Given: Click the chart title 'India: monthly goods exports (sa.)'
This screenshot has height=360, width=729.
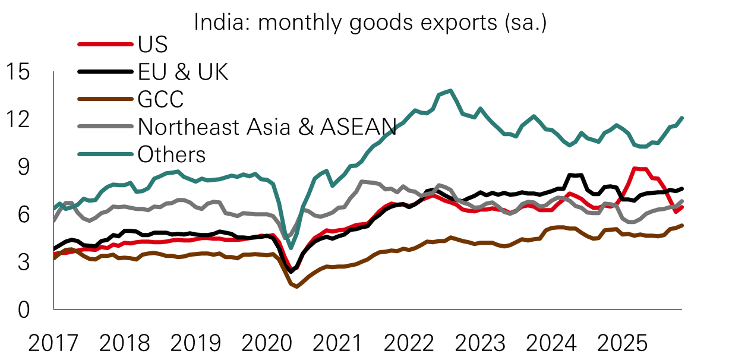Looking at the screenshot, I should pyautogui.click(x=370, y=23).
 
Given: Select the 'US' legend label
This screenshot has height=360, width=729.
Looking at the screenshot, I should pyautogui.click(x=153, y=45).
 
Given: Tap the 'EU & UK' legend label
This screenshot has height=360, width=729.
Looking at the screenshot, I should pyautogui.click(x=182, y=72).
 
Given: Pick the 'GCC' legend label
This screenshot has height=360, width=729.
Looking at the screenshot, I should pyautogui.click(x=160, y=99).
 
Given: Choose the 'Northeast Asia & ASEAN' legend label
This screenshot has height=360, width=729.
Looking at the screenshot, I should pyautogui.click(x=267, y=127).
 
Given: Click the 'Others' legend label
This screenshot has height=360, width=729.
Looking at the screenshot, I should pyautogui.click(x=172, y=154).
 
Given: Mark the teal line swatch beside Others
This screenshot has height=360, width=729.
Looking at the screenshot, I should pyautogui.click(x=105, y=154).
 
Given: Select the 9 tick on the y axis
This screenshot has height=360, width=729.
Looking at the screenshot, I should pyautogui.click(x=23, y=167).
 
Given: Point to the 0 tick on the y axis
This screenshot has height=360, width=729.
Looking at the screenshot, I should pyautogui.click(x=23, y=309).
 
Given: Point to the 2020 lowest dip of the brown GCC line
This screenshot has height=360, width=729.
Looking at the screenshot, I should pyautogui.click(x=297, y=287).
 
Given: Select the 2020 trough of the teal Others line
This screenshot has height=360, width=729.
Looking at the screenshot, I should pyautogui.click(x=291, y=248).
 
